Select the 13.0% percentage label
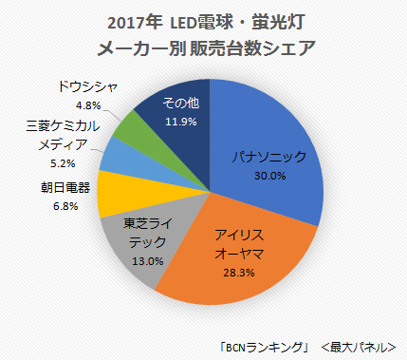click(145, 259)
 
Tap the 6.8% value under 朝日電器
click(61, 204)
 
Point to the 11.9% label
click(179, 121)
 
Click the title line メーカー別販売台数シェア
click(203, 47)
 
